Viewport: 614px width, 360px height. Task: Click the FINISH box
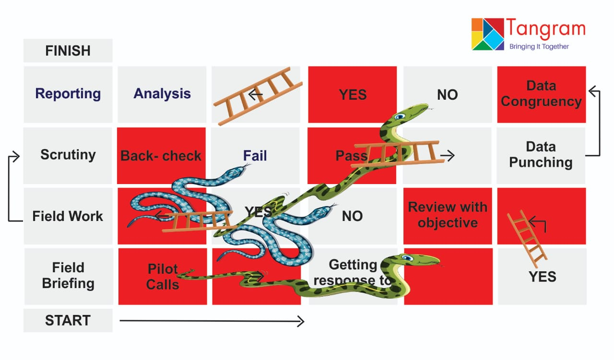pos(68,51)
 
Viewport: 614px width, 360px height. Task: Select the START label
pos(68,321)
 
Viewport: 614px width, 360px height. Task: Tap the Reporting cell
pos(68,94)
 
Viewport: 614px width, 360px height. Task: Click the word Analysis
pos(162,94)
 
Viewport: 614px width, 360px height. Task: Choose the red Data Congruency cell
pos(541,94)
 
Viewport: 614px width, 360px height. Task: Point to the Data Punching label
pos(541,155)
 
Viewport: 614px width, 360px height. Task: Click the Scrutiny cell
pos(68,155)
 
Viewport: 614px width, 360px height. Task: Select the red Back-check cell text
pos(161,156)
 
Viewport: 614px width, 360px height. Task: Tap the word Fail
pos(255,156)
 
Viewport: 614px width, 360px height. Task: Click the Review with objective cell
pos(448,215)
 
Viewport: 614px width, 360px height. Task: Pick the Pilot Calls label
pos(162,277)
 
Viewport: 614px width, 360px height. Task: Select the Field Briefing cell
pos(68,276)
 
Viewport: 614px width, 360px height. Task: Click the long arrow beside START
pos(211,321)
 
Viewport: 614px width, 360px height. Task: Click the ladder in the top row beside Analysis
pos(258,96)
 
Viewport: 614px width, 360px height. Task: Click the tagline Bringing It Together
pos(539,46)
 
